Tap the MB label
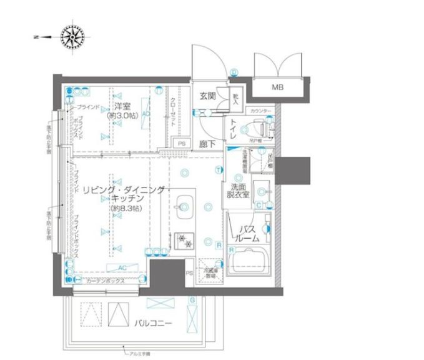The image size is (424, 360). pos(277,87)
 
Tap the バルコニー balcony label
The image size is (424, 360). pos(152,322)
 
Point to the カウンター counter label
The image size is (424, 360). pos(260,111)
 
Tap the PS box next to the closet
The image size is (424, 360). pos(182,144)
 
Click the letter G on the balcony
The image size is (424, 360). pos(192,301)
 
